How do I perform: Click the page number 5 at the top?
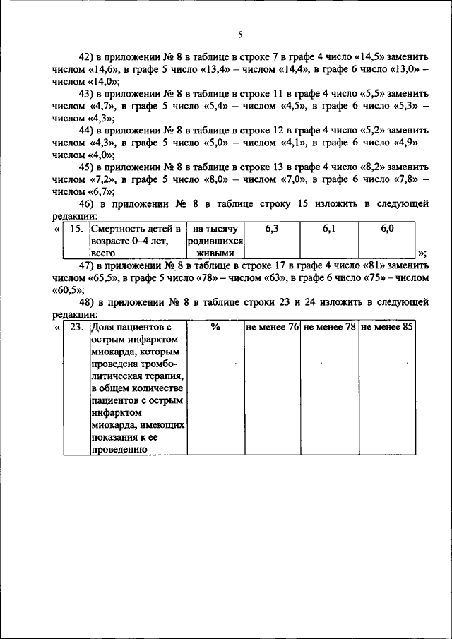click(x=240, y=35)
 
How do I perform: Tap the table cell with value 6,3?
click(x=272, y=229)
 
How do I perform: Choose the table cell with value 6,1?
click(x=329, y=229)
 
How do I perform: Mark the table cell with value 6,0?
click(x=387, y=229)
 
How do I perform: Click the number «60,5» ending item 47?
click(x=68, y=290)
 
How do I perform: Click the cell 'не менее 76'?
click(x=272, y=328)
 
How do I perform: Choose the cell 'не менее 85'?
click(x=387, y=328)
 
